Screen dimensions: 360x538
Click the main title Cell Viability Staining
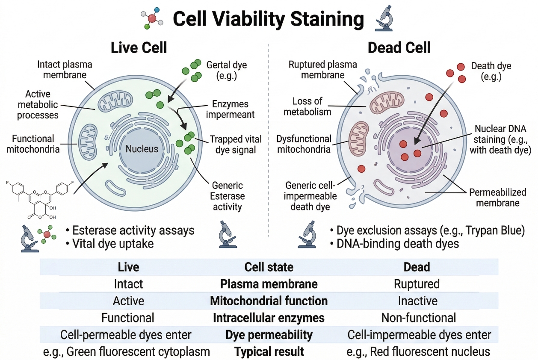(268, 19)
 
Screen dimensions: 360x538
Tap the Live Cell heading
(139, 47)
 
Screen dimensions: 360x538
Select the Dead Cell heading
(399, 47)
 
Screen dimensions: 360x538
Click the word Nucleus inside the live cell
(142, 149)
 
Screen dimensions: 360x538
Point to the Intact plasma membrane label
(65, 70)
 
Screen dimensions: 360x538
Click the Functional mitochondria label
(33, 144)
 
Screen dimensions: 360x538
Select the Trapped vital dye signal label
(233, 145)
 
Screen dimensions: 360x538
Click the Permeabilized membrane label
(497, 198)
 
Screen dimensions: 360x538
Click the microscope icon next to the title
(384, 20)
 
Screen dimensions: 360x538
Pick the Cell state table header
(269, 267)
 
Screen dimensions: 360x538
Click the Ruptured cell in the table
(417, 284)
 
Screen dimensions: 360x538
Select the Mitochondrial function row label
(269, 301)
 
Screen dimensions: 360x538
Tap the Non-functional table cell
(418, 318)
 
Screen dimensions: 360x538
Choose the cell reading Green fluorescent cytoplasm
(127, 352)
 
